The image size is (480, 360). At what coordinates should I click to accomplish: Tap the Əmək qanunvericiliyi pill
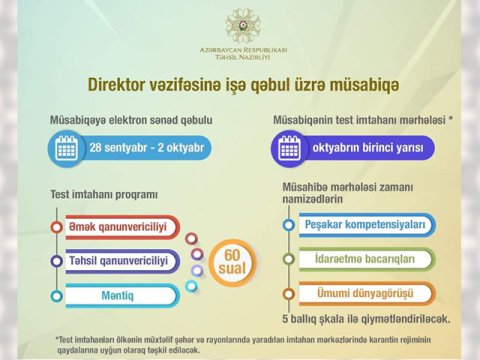(x=119, y=227)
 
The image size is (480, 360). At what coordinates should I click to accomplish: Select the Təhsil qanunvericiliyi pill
(x=119, y=261)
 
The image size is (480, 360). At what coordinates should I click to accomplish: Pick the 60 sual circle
(x=231, y=262)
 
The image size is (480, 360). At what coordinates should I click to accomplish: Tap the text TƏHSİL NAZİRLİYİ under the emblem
(x=240, y=58)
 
